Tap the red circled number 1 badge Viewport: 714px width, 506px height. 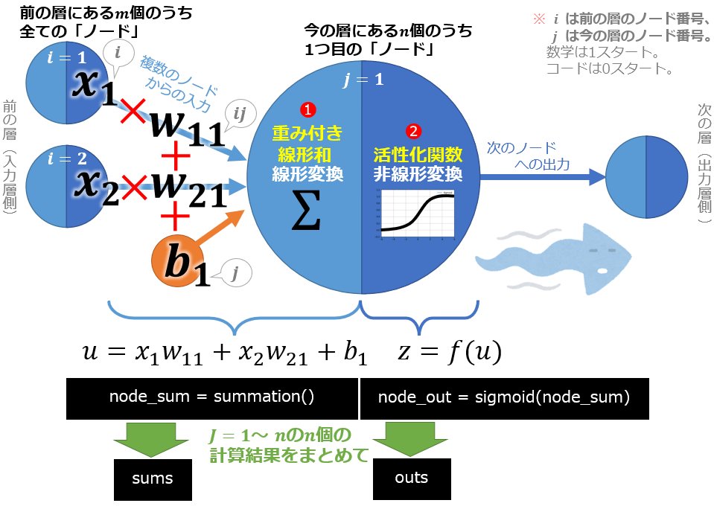pos(304,109)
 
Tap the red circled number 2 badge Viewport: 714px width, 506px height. pos(413,130)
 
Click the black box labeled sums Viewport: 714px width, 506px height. pos(153,478)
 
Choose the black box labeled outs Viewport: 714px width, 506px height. pos(412,477)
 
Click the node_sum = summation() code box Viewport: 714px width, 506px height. pos(211,397)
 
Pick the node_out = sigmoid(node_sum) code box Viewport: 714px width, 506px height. pos(504,397)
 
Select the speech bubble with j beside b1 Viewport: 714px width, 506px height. pos(235,275)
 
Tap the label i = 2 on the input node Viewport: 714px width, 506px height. pos(68,158)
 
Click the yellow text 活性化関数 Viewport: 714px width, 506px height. pos(418,155)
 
